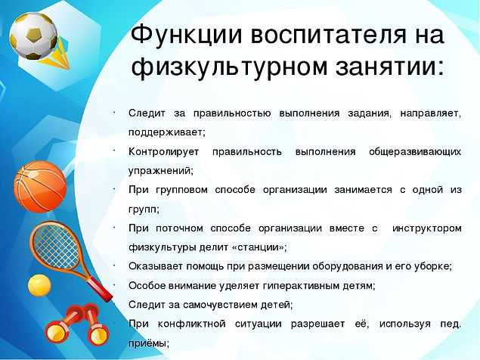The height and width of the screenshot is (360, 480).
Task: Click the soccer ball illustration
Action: click(x=33, y=36)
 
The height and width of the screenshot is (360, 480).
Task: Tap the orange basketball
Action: click(x=40, y=187)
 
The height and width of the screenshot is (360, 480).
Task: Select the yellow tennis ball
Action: click(x=39, y=285)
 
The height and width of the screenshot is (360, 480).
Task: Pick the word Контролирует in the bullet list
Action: click(x=163, y=152)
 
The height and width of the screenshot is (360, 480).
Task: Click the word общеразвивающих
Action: click(x=415, y=152)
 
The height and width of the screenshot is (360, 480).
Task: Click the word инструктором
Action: click(x=427, y=228)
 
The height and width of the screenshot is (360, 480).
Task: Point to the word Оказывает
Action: click(x=156, y=266)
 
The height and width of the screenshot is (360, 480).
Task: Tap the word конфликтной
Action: click(x=192, y=324)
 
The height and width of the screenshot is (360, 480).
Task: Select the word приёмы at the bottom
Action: click(x=147, y=343)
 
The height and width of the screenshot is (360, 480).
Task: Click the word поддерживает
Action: click(x=166, y=132)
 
